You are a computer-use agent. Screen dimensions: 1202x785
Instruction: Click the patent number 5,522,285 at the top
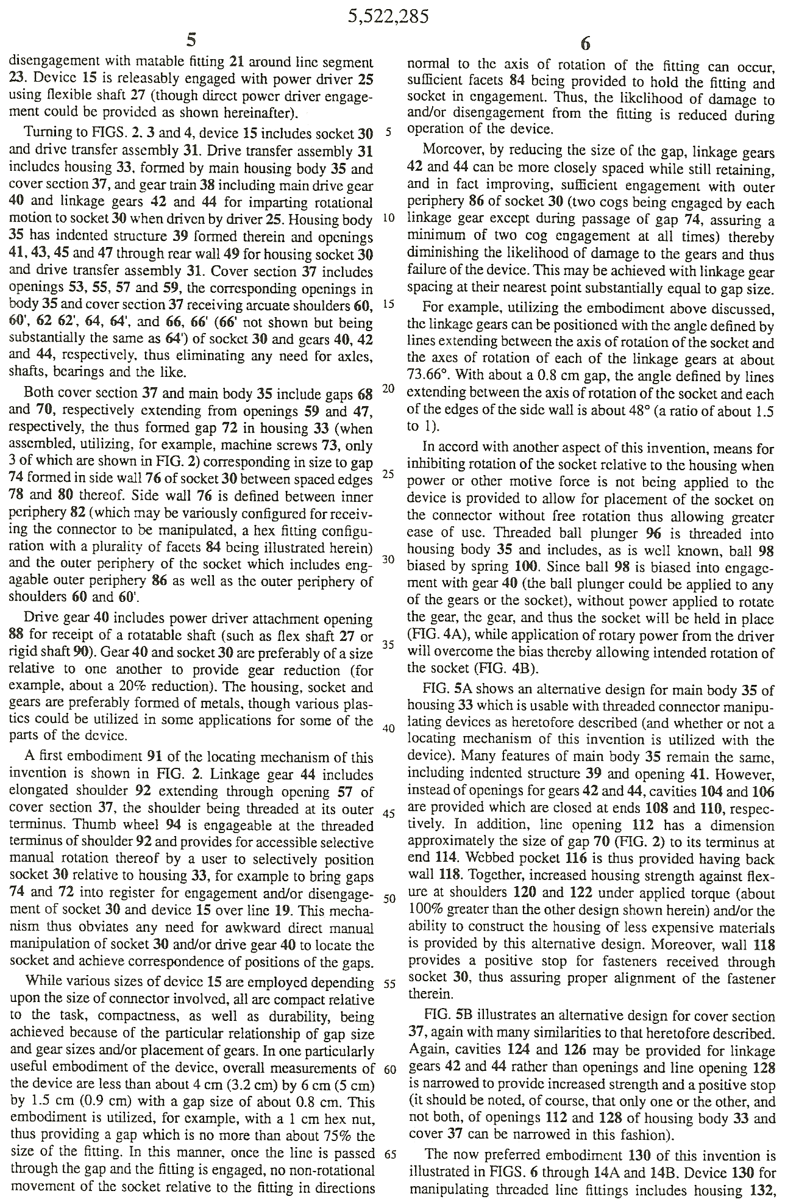point(389,16)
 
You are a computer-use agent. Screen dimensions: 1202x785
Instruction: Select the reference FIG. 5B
point(447,1017)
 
